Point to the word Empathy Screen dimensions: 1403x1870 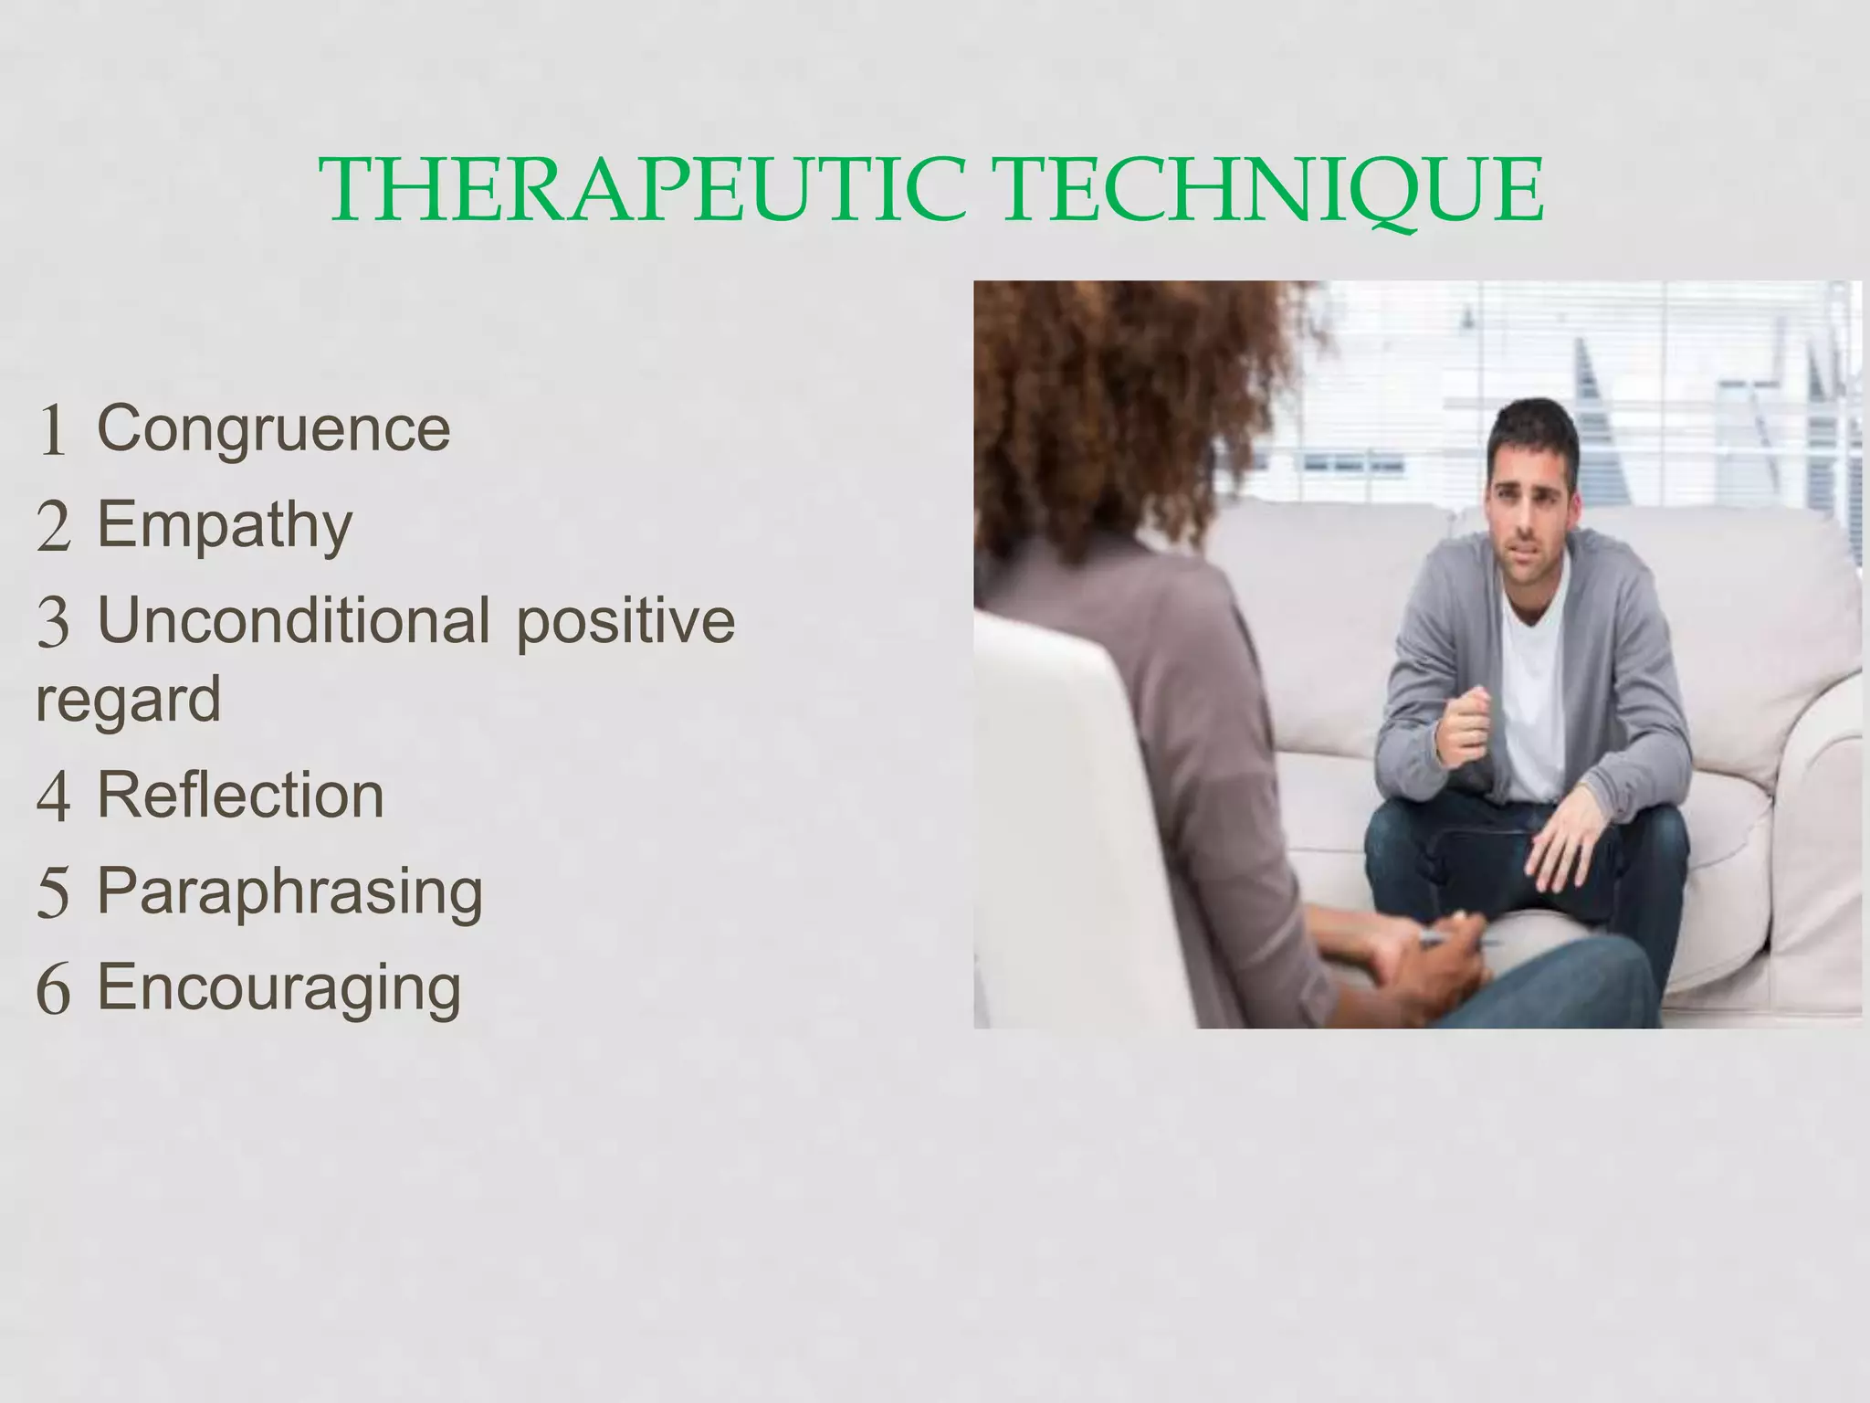tap(225, 526)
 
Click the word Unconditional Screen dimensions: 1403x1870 tap(293, 620)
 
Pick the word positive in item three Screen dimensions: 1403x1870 tap(625, 622)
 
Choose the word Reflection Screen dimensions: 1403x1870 tap(240, 795)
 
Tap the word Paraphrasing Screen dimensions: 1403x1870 tap(289, 891)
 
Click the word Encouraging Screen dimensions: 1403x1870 tap(278, 988)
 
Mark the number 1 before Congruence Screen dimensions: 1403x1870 tap(53, 430)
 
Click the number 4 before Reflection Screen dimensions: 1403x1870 tap(53, 797)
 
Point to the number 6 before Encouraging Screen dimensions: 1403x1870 tap(53, 990)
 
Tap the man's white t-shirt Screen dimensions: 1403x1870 tap(1538, 694)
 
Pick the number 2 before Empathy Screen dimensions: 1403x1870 tap(53, 528)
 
